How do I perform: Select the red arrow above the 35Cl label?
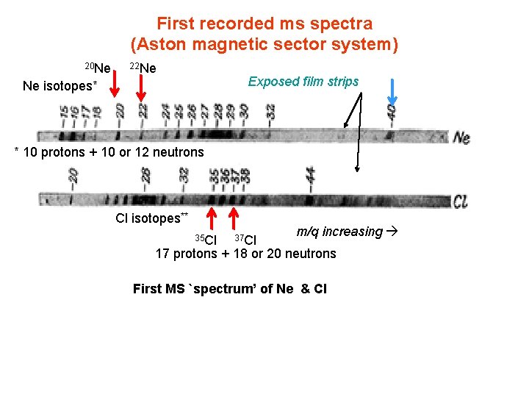click(x=212, y=220)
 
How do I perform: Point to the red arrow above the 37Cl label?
click(x=234, y=220)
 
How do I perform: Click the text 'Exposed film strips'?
click(x=303, y=81)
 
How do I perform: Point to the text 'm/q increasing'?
click(x=339, y=232)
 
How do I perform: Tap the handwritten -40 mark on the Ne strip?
click(x=392, y=112)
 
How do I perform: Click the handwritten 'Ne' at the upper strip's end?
click(x=461, y=137)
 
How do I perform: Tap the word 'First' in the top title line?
click(x=175, y=24)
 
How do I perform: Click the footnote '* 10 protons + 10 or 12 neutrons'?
click(x=109, y=152)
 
